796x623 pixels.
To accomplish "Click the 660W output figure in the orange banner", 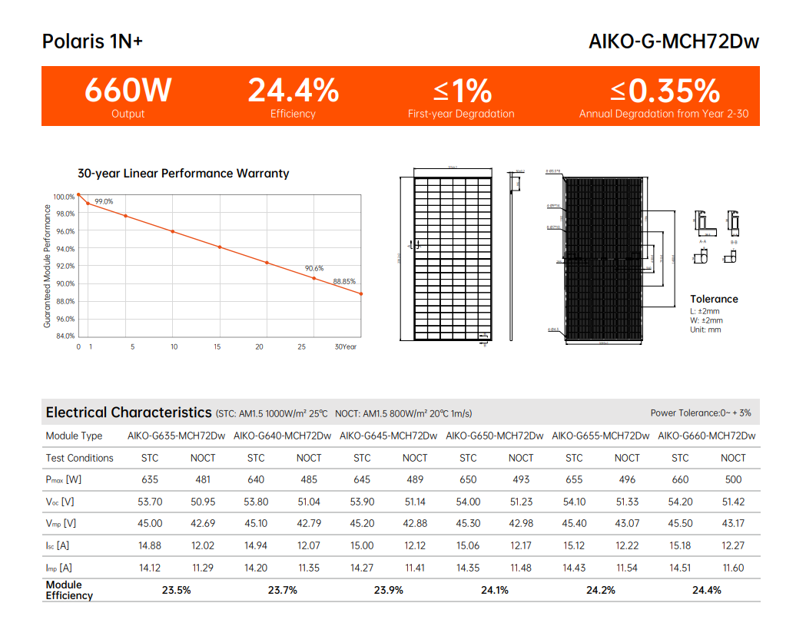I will pos(128,91).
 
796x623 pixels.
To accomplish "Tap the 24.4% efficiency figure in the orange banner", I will pos(293,91).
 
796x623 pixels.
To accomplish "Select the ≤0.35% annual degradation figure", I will pos(665,91).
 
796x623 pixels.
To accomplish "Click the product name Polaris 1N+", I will pos(92,41).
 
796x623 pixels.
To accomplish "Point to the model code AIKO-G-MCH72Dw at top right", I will pos(674,41).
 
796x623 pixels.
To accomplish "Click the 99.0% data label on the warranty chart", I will pos(104,201).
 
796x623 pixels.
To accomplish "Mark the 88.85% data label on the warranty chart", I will pos(344,281).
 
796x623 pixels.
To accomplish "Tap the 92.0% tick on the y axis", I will pos(65,266).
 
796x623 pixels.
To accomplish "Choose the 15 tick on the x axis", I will pos(217,347).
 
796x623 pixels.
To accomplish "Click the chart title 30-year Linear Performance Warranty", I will pos(184,174).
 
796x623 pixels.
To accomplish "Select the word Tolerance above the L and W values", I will pos(714,299).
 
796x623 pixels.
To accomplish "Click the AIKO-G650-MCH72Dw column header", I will pos(494,436).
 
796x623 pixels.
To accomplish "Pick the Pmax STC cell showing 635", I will pos(150,479).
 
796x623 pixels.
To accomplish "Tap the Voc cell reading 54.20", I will pos(680,502).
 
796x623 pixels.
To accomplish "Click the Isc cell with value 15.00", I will pos(362,545).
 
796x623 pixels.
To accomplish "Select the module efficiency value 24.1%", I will pos(495,590).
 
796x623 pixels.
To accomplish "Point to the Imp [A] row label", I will pos(59,568).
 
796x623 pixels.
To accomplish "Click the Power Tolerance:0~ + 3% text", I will pos(701,413).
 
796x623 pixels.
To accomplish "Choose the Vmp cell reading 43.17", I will pos(733,523).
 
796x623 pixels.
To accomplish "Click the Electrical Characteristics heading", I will pos(128,413).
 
